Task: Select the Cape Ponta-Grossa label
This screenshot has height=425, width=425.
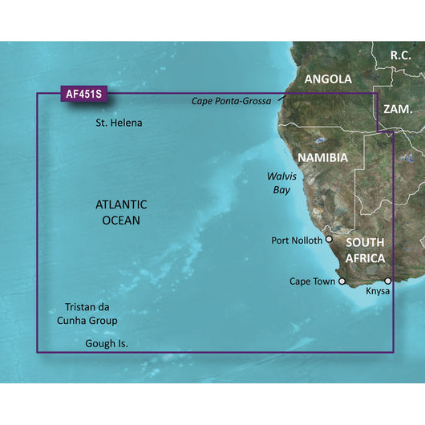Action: (x=232, y=101)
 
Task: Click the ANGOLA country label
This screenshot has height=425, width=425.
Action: (x=328, y=79)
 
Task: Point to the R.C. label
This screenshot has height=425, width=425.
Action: (x=400, y=55)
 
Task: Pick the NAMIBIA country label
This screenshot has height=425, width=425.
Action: (x=322, y=157)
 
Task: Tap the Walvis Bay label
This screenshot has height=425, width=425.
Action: (x=281, y=181)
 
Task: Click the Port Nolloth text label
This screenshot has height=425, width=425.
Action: (x=297, y=240)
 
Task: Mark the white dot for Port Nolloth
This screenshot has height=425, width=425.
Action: (x=329, y=239)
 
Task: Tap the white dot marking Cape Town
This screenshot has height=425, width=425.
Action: (x=342, y=281)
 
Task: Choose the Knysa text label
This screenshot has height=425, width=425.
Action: (x=378, y=291)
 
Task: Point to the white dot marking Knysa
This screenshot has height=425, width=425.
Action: (x=388, y=281)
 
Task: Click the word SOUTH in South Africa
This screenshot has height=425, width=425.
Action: (x=365, y=242)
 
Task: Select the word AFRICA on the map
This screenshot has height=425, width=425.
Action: (x=365, y=258)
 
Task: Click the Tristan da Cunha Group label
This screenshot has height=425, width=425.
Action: (x=91, y=314)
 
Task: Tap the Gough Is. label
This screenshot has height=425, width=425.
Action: (x=106, y=343)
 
